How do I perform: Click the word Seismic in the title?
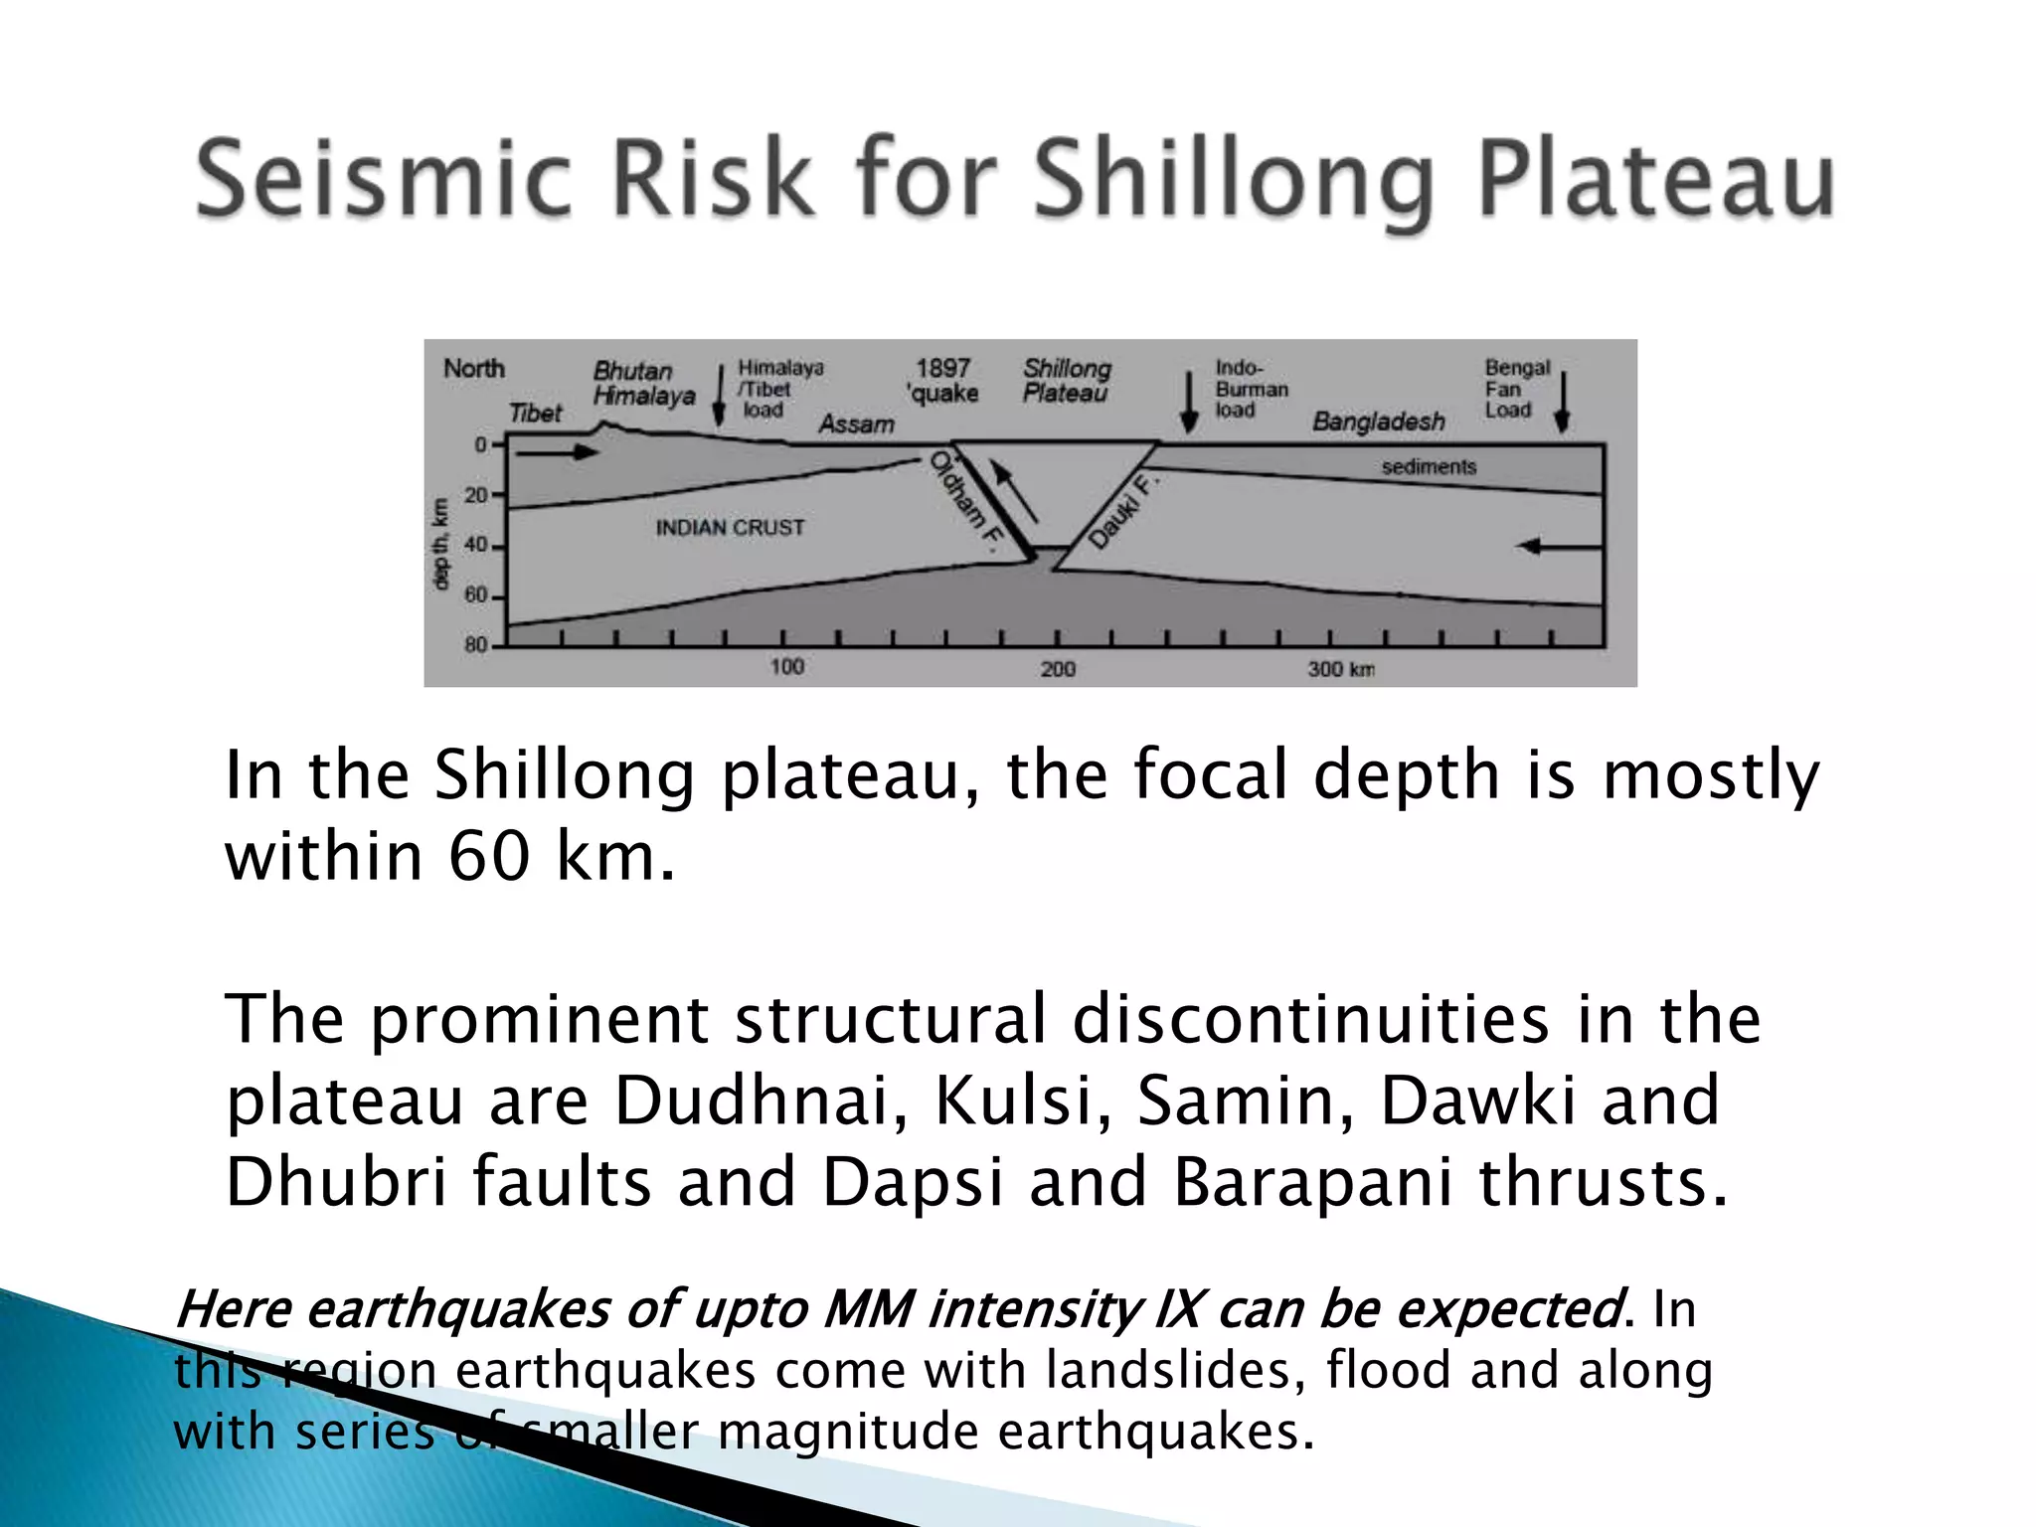click(x=383, y=179)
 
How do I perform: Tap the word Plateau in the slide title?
click(x=1655, y=179)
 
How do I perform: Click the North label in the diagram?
click(x=474, y=369)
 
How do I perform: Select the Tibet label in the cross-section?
click(x=536, y=413)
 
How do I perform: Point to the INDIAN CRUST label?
click(x=730, y=528)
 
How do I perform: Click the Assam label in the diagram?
click(x=856, y=424)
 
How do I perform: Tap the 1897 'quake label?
click(x=942, y=382)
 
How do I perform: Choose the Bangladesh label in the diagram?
click(x=1379, y=422)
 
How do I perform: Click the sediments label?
click(x=1429, y=466)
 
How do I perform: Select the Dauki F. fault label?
click(x=1122, y=511)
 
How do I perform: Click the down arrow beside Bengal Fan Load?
click(x=1562, y=403)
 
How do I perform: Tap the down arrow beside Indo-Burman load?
click(x=1188, y=403)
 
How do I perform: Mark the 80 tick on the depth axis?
click(x=477, y=645)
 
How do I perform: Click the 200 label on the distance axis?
click(x=1058, y=669)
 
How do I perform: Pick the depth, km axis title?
click(x=440, y=544)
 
